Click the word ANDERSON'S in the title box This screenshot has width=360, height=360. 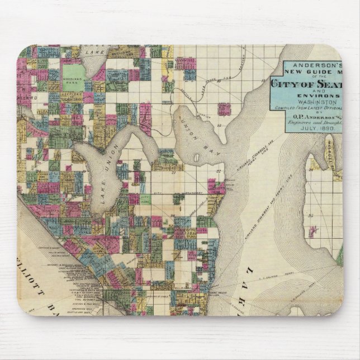click(314, 63)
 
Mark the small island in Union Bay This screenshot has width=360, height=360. click(196, 158)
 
